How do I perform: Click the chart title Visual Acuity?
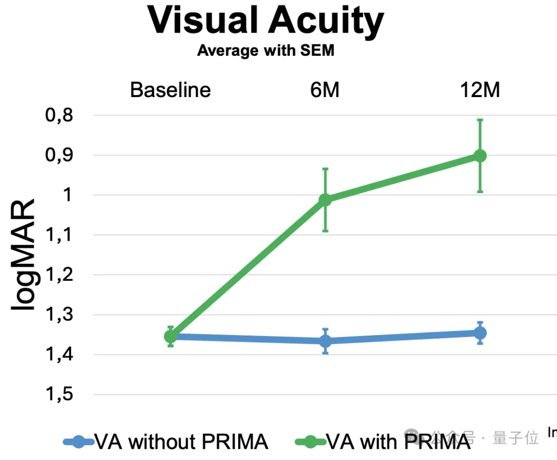266,21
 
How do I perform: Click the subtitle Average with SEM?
266,51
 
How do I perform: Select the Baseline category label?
170,90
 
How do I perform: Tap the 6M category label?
325,90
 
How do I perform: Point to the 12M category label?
480,90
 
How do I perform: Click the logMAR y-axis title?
24,255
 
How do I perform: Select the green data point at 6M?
325,200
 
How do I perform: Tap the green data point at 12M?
480,155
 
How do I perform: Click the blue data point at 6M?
325,341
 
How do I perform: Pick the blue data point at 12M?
480,333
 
